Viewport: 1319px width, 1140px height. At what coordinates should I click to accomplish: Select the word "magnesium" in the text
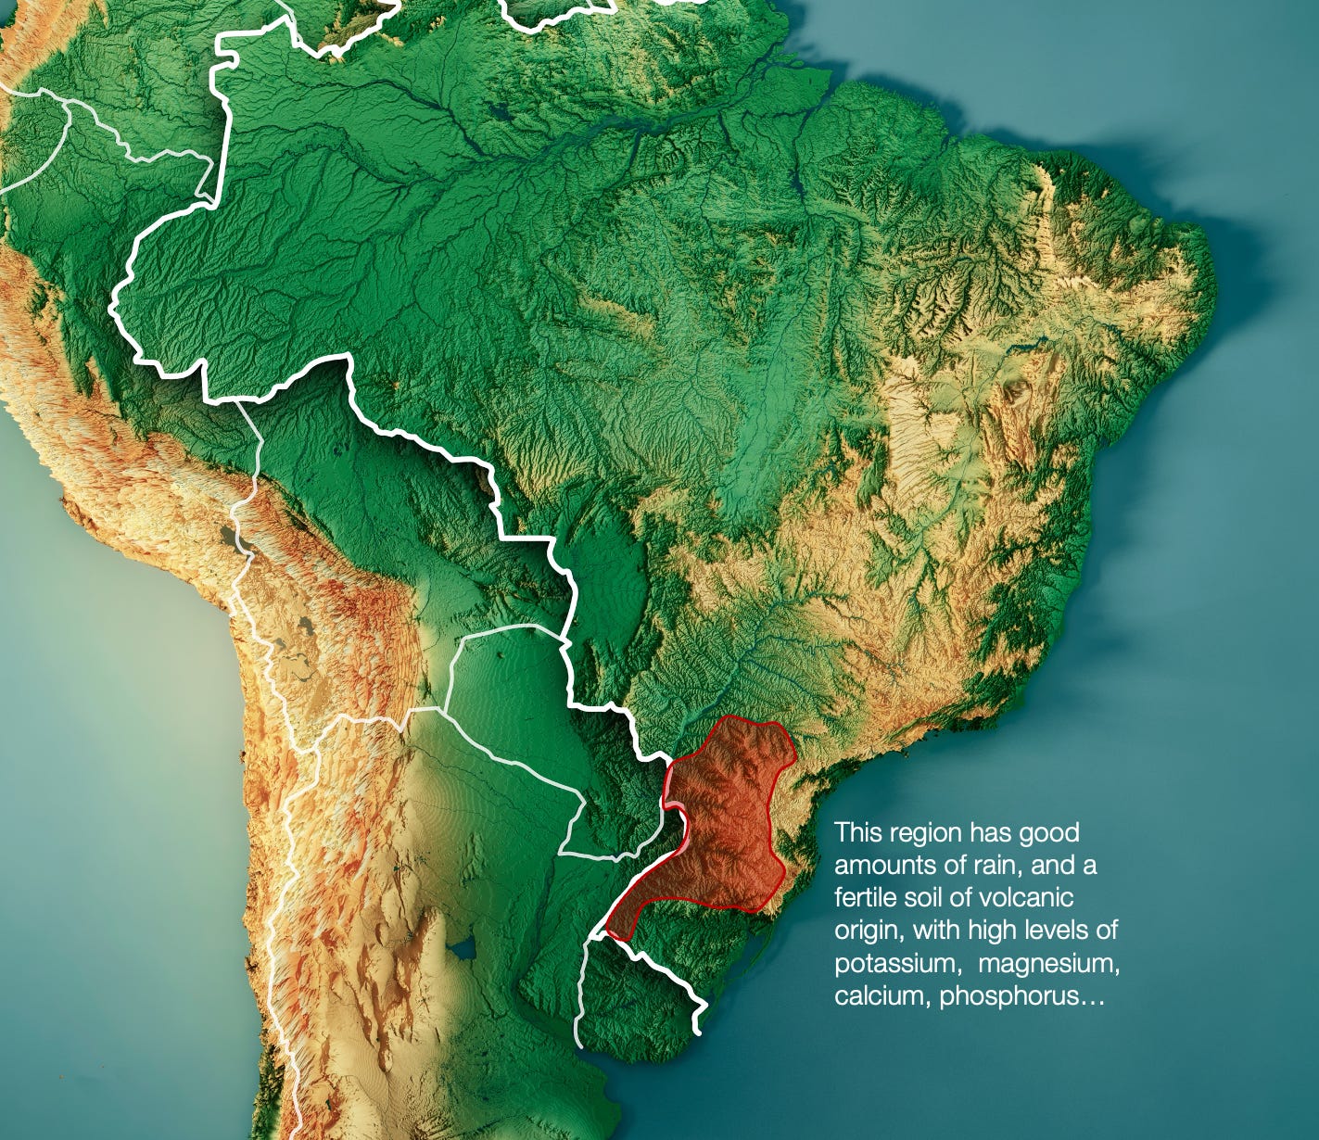point(1048,964)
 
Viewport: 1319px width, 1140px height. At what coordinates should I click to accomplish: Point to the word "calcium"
point(882,996)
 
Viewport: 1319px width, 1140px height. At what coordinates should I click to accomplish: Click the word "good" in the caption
point(1048,832)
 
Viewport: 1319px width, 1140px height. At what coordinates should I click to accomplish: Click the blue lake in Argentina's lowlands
point(462,949)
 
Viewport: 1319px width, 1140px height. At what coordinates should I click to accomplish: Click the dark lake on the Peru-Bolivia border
point(225,536)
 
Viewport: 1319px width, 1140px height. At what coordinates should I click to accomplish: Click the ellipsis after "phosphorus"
point(1094,997)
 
